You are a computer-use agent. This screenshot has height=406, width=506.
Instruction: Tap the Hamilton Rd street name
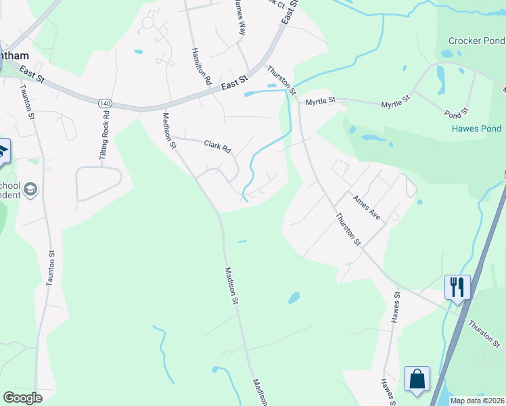(202, 66)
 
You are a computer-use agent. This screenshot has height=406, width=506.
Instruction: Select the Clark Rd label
(218, 145)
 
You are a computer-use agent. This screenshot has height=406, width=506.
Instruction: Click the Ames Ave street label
(366, 206)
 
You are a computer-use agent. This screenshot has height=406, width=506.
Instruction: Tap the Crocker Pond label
(476, 41)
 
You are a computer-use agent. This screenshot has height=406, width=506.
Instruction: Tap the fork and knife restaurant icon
(457, 286)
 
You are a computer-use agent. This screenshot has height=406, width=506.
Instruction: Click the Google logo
(22, 398)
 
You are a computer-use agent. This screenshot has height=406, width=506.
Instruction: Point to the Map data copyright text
(477, 401)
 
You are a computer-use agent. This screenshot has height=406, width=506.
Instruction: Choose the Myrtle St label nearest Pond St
(396, 103)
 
